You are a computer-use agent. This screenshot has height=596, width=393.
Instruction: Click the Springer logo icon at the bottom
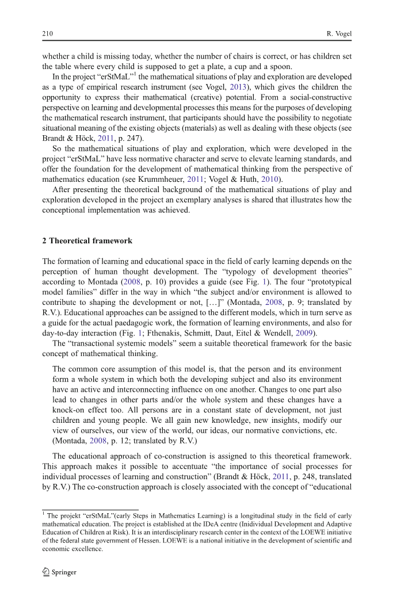tap(46, 572)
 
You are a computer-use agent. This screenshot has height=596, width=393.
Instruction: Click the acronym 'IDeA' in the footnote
tap(190, 524)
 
